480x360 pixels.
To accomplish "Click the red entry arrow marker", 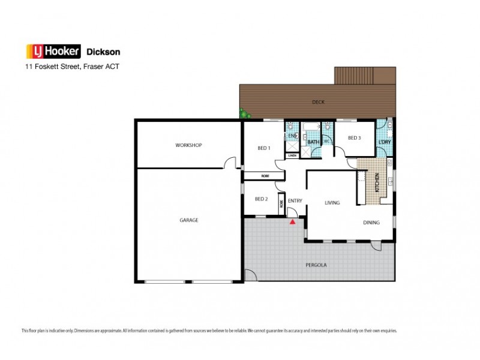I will point(292,222).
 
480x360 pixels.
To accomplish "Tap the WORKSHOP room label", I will point(188,146).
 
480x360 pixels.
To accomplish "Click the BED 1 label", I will point(264,148).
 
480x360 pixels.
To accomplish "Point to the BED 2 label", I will point(260,199).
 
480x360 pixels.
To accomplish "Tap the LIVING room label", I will point(332,203).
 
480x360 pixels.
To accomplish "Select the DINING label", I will point(371,223).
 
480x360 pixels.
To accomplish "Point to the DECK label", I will point(318,102).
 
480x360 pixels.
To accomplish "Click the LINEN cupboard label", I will point(292,155).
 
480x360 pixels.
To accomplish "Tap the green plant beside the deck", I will point(244,113).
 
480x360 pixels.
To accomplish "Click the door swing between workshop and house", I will point(229,162).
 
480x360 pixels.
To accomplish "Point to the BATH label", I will point(312,142).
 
